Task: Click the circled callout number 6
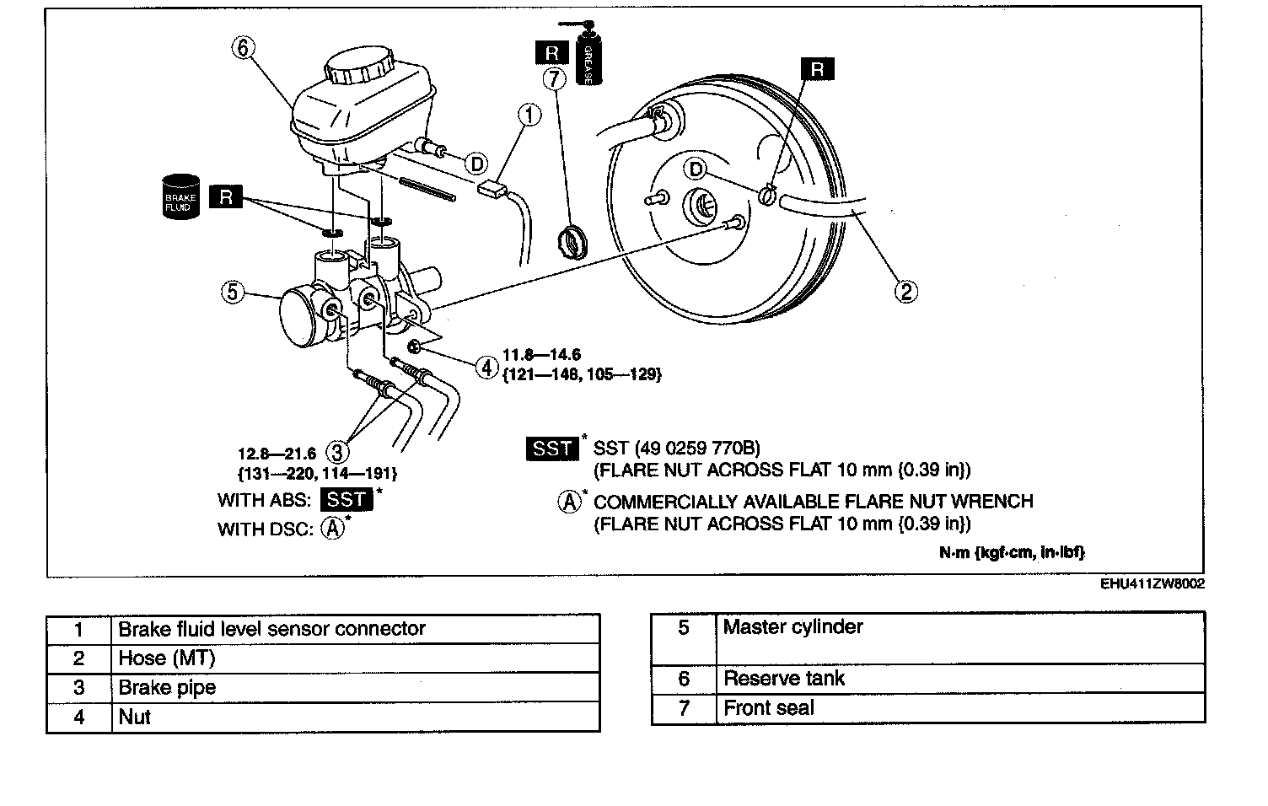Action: (243, 48)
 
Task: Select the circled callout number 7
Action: (553, 80)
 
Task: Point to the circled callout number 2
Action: (905, 292)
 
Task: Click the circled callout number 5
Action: (233, 293)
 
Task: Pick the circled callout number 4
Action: (486, 367)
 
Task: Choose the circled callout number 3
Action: (337, 452)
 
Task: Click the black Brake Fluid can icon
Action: (180, 197)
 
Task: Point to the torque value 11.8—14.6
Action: (541, 355)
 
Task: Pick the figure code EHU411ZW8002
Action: (1152, 583)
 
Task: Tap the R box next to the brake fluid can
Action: (226, 197)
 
